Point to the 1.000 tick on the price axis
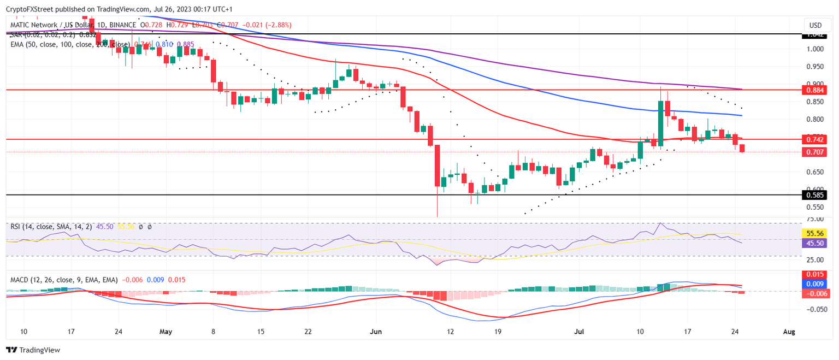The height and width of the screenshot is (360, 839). click(x=814, y=49)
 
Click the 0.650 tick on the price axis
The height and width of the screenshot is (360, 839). click(x=814, y=172)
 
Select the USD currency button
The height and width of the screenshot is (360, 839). click(x=815, y=25)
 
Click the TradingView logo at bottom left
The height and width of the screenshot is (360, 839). click(x=33, y=350)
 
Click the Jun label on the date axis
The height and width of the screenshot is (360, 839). click(x=376, y=332)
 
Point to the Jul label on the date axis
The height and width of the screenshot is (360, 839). click(x=578, y=332)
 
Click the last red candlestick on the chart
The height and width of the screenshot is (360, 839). click(x=742, y=148)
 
